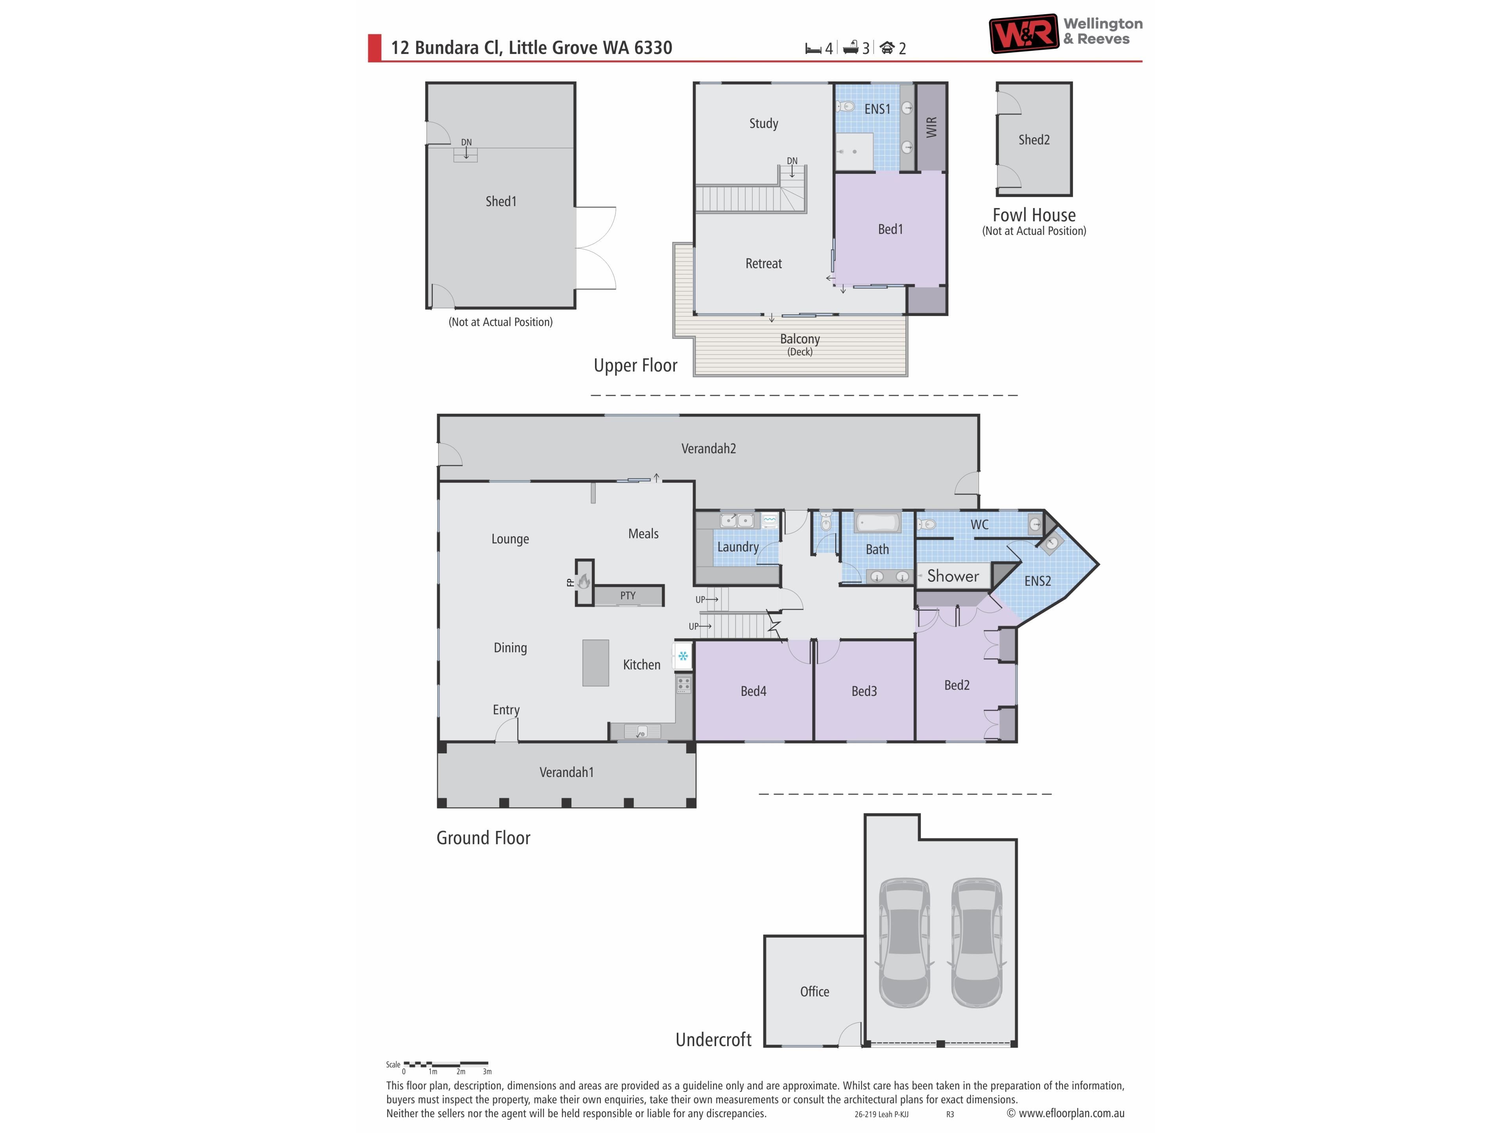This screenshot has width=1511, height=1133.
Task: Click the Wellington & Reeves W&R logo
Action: [x=1024, y=34]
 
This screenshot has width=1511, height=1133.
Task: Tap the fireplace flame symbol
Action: [x=584, y=581]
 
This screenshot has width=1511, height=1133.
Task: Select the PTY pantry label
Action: [x=628, y=596]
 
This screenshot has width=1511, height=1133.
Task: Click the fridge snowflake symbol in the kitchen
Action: [x=682, y=656]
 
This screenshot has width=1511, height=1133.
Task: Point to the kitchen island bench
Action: [x=596, y=662]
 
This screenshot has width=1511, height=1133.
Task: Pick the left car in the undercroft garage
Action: [x=904, y=943]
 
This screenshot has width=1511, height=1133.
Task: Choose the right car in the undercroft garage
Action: [x=977, y=943]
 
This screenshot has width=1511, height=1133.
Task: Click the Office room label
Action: [x=814, y=992]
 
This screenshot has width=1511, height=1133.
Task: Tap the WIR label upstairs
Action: [x=931, y=127]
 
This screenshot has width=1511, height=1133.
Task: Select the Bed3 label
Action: [x=864, y=691]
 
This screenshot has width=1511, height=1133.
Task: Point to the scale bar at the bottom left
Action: [x=445, y=1064]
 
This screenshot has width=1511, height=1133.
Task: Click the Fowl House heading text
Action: [x=1034, y=215]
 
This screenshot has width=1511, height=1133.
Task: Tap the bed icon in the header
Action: [x=813, y=48]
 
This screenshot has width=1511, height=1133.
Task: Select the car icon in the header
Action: [x=887, y=48]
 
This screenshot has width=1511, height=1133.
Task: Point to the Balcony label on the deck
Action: [x=800, y=339]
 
